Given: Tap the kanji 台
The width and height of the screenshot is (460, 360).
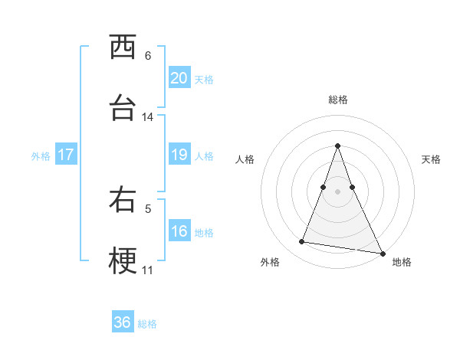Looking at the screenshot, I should (123, 107).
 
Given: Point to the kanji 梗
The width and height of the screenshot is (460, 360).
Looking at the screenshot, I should (123, 260).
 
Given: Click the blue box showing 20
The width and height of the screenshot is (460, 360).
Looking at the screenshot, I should (179, 78).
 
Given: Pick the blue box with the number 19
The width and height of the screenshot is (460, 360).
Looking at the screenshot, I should (179, 155).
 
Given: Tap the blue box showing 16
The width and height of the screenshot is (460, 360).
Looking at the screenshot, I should (179, 231).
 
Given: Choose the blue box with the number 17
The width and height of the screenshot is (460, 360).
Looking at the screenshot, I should (65, 155).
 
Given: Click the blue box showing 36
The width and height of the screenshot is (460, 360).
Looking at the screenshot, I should (123, 322).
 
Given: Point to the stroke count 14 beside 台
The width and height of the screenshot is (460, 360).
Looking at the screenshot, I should (148, 117).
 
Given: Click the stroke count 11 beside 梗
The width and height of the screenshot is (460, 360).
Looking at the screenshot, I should (148, 270).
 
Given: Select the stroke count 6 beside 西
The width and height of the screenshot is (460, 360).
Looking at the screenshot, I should (148, 56).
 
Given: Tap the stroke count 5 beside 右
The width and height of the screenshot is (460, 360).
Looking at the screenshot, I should (148, 208).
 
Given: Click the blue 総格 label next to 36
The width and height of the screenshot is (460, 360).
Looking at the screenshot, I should (147, 323).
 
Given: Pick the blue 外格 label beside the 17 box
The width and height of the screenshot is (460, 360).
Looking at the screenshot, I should (41, 155).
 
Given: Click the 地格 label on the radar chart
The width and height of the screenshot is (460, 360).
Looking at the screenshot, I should (402, 262).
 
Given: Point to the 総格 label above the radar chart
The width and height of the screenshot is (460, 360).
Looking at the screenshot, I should (338, 100).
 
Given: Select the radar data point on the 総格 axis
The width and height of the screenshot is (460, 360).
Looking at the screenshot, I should (338, 146).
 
